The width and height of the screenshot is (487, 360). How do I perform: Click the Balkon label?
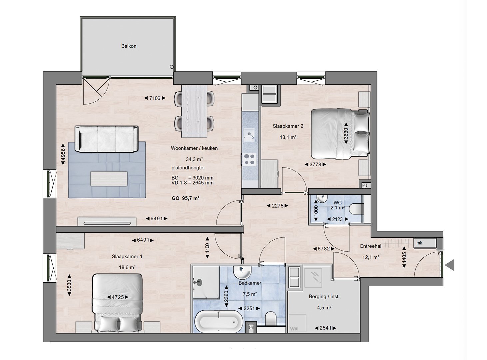click(x=129, y=46)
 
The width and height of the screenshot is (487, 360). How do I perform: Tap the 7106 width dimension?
click(x=155, y=98)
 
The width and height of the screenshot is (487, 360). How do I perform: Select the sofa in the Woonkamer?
click(x=107, y=139)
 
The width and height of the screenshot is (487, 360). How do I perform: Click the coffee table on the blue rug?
click(x=109, y=178)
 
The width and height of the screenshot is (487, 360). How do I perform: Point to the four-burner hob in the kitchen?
click(x=250, y=159)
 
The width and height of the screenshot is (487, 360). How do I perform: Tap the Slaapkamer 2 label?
click(x=288, y=126)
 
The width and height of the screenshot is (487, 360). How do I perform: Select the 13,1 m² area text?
click(x=288, y=137)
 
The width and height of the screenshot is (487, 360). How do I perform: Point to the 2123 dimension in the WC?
click(x=337, y=219)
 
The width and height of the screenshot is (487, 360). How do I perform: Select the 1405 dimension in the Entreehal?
click(x=404, y=257)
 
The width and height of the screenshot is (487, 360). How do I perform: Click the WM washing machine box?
click(x=297, y=323)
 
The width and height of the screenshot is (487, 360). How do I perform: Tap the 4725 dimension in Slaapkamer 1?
click(x=118, y=297)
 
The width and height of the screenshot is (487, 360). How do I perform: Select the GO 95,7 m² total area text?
click(x=185, y=198)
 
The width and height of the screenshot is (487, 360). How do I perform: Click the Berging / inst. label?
click(x=324, y=296)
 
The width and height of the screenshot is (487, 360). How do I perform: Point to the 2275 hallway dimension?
click(x=277, y=206)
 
